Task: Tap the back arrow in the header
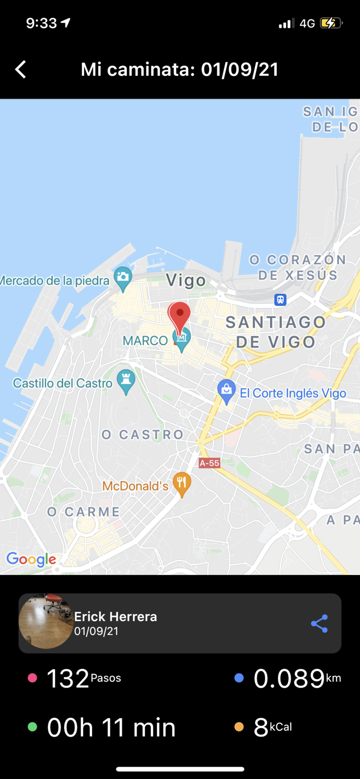21,70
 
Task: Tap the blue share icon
319,624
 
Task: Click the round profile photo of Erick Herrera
46,622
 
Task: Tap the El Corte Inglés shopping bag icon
226,391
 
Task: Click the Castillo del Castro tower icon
126,381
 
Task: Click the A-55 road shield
209,463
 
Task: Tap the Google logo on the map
31,559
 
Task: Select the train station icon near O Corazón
281,300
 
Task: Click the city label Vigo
186,281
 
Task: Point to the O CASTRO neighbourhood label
143,435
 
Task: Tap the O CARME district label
84,512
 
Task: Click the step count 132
68,679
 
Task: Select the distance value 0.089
289,679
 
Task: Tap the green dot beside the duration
32,727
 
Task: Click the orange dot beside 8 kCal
239,727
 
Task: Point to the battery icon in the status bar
331,23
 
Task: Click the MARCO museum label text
145,341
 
